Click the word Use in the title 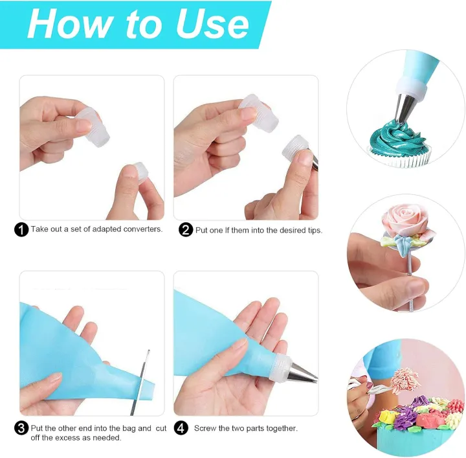[x=212, y=24]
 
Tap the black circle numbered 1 [x=21, y=229]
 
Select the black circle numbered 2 [x=186, y=229]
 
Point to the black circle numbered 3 [x=21, y=428]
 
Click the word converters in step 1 [x=139, y=229]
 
